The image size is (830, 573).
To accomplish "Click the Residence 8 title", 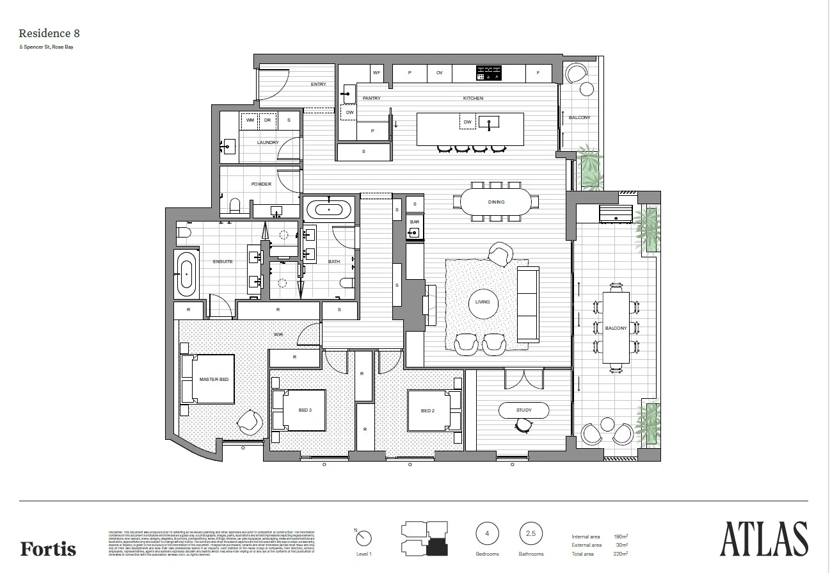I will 49,33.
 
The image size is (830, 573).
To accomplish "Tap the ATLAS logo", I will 763,539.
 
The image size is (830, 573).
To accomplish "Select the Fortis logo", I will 48,549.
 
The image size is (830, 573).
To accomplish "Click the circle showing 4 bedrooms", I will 487,533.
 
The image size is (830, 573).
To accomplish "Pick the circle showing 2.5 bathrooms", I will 530,533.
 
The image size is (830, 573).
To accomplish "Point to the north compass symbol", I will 363,538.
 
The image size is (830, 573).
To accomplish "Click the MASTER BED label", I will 214,379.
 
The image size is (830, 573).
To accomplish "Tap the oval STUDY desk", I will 523,410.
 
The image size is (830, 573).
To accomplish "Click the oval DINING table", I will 496,202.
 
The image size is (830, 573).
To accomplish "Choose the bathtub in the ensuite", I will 186,273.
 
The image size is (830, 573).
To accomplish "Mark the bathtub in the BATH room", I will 329,209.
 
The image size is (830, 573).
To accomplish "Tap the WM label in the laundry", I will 250,120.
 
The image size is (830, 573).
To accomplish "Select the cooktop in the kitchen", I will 489,73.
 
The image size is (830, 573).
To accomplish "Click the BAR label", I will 414,222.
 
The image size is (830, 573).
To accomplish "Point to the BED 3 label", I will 305,410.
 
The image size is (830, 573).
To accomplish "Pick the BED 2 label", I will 427,410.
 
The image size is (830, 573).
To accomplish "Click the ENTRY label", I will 318,85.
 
